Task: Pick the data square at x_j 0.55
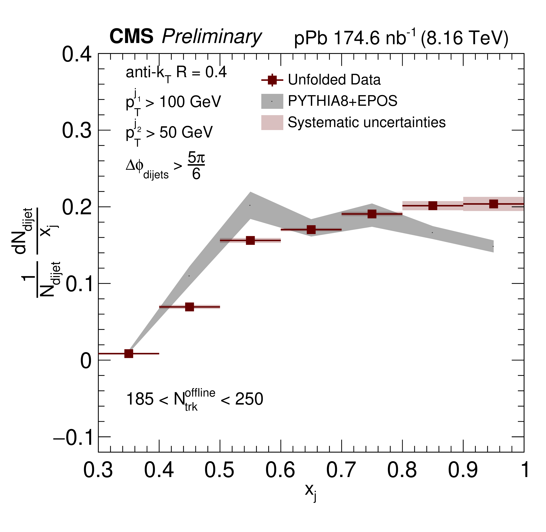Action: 250,240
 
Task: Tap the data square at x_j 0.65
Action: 311,230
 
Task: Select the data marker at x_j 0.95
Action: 493,204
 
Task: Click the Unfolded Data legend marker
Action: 272,80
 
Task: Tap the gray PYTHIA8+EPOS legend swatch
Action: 272,101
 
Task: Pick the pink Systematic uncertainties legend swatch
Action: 272,122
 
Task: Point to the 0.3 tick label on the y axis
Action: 76,130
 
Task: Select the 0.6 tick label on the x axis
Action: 280,470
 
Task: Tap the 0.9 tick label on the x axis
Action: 463,470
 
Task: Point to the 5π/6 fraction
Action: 196,165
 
